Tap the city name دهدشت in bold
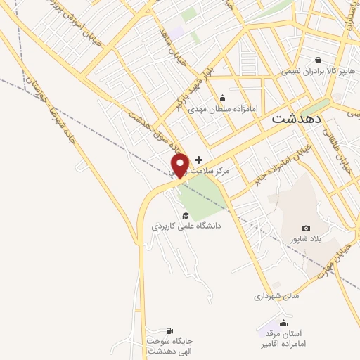pyautogui.click(x=297, y=119)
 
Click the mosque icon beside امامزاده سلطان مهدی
pyautogui.click(x=223, y=98)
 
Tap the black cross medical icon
pyautogui.click(x=199, y=160)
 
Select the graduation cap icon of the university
pyautogui.click(x=186, y=215)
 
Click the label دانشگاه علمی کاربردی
pyautogui.click(x=186, y=226)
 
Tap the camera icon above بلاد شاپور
pyautogui.click(x=306, y=228)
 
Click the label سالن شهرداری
pyautogui.click(x=276, y=296)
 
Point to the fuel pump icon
pyautogui.click(x=169, y=330)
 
